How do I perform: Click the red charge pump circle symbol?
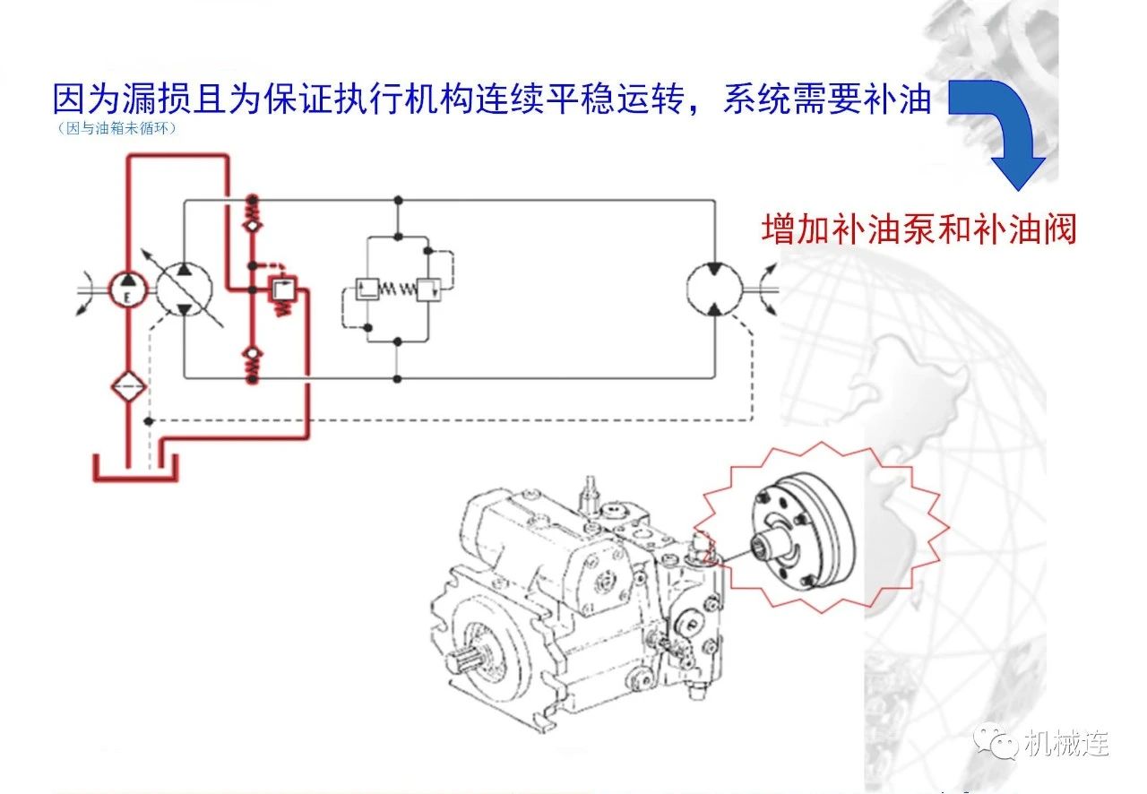coord(128,289)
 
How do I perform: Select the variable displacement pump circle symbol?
coord(185,289)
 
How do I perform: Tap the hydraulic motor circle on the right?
coord(714,289)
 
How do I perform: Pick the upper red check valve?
coord(253,213)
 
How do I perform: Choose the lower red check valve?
coord(253,362)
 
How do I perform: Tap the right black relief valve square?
coord(428,289)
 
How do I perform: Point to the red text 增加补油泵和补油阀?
coord(918,229)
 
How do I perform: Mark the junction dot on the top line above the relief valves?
coord(398,200)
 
